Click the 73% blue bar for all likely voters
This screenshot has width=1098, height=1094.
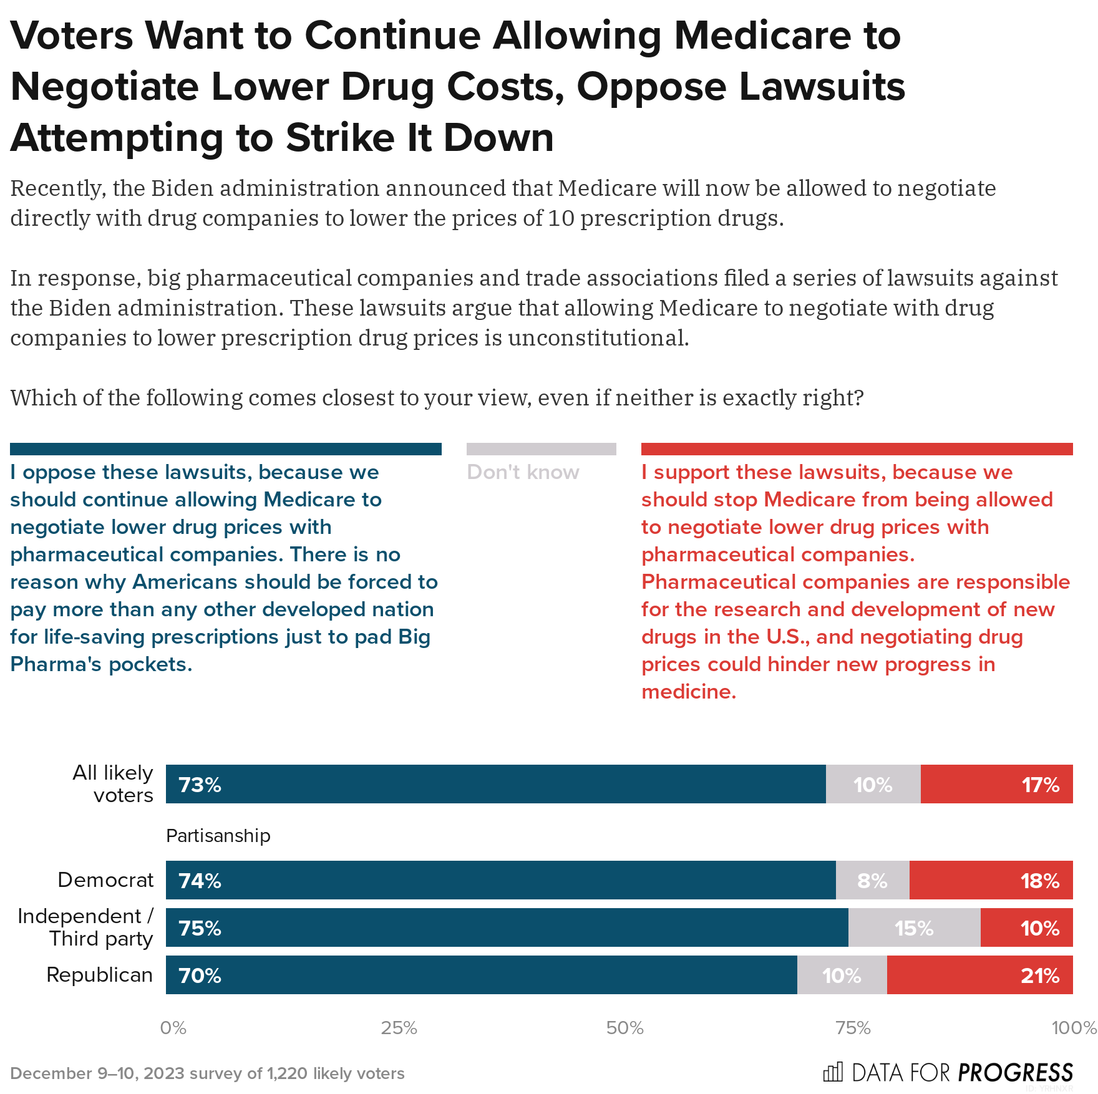click(x=495, y=784)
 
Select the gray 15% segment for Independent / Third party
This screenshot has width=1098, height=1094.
click(x=914, y=927)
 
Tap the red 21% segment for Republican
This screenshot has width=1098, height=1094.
click(x=979, y=975)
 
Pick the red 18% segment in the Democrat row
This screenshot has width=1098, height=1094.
click(x=991, y=880)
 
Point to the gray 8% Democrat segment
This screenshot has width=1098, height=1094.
click(x=872, y=880)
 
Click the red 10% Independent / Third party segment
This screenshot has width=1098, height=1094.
click(x=1026, y=927)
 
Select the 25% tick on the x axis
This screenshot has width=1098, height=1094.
click(x=399, y=1028)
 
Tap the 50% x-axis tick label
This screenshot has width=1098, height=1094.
click(x=625, y=1028)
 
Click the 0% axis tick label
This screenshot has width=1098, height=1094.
click(x=173, y=1028)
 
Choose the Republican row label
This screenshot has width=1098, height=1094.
click(x=100, y=975)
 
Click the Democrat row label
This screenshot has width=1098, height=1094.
click(x=105, y=880)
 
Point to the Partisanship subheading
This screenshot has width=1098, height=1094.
click(x=218, y=836)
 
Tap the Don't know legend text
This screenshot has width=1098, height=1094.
click(x=523, y=472)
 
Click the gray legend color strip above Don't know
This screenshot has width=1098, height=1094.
click(x=541, y=449)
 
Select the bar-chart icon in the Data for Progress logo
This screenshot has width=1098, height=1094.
click(x=833, y=1072)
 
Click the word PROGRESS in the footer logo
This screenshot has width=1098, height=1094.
click(x=1016, y=1073)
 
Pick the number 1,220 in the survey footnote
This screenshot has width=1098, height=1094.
click(x=287, y=1073)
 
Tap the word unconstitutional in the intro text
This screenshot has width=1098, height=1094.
click(x=598, y=338)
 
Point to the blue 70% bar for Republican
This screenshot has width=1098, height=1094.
click(x=481, y=975)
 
